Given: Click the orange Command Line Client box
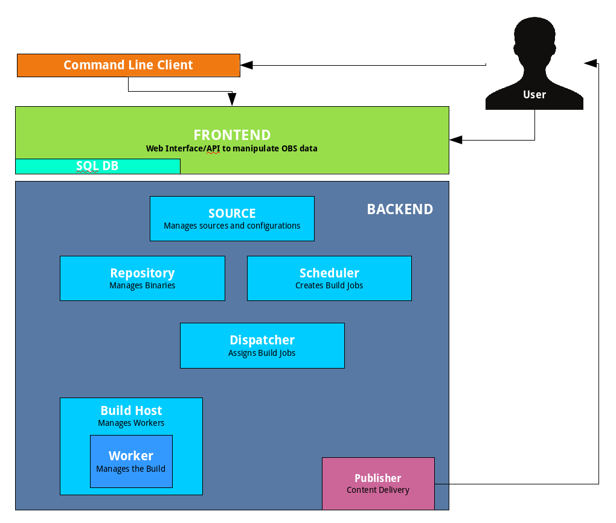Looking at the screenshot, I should (x=128, y=65).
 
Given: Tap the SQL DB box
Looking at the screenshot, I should (x=97, y=166).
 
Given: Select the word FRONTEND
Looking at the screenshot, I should (x=232, y=135).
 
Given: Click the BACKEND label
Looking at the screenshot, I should (x=400, y=209).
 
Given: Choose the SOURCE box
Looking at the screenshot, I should (x=232, y=218).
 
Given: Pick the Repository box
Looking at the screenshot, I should (x=142, y=278).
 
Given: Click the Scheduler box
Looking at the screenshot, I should (x=329, y=278).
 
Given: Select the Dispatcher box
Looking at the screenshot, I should (x=262, y=345).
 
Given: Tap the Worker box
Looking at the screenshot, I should (x=131, y=461).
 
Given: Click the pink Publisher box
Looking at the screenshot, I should (x=378, y=483).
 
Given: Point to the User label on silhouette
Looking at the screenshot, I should (x=534, y=95).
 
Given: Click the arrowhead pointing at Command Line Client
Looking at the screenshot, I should (x=246, y=65).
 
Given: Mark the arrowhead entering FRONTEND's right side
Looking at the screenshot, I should (x=456, y=140).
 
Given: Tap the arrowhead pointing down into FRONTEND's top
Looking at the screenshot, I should (x=232, y=100).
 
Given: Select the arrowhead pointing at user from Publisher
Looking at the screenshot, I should (x=590, y=63).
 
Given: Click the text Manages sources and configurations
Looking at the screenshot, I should (x=232, y=226).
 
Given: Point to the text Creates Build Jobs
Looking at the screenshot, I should (x=329, y=286).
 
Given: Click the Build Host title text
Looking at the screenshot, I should (x=131, y=411).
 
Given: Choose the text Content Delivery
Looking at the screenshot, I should (x=378, y=490).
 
